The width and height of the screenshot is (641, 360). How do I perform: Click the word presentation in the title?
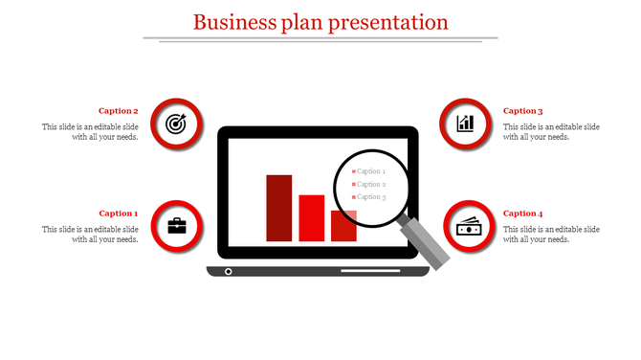tap(388, 21)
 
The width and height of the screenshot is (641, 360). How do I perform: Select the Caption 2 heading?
tap(119, 111)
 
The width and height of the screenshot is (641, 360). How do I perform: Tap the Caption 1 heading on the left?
tap(119, 214)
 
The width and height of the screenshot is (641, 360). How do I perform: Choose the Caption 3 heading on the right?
tap(522, 111)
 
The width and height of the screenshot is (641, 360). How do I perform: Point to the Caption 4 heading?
tap(522, 214)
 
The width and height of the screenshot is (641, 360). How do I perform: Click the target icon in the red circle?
tap(177, 124)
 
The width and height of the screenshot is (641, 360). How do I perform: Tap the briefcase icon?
tap(177, 226)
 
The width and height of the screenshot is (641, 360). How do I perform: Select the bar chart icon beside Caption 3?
tap(465, 124)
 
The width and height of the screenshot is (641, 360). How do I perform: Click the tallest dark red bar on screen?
tap(278, 207)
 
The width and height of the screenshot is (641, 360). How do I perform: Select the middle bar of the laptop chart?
tap(312, 217)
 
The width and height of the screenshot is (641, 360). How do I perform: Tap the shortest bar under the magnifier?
tap(343, 226)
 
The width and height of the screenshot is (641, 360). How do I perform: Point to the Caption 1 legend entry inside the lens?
tap(369, 171)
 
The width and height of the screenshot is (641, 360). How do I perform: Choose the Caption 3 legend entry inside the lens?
tap(369, 197)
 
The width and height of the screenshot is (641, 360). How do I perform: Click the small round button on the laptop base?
tap(228, 272)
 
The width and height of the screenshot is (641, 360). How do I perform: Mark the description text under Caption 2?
tap(90, 132)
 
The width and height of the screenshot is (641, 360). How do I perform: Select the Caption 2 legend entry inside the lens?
tap(369, 184)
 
